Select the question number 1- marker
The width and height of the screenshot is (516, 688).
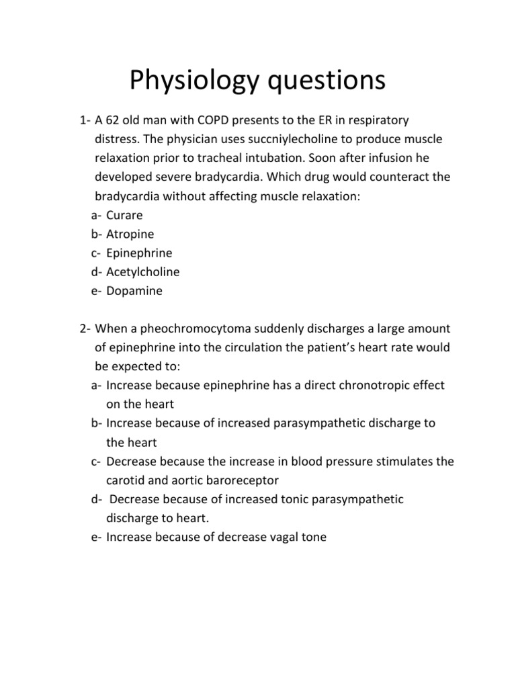[85, 121]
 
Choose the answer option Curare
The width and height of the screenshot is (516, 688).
[125, 215]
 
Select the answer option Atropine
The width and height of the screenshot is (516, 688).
[130, 234]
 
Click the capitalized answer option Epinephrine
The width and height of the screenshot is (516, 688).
[139, 253]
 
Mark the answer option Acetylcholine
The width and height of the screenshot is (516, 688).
[143, 272]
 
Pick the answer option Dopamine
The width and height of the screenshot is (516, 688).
[134, 291]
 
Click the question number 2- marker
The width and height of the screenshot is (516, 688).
[85, 329]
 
